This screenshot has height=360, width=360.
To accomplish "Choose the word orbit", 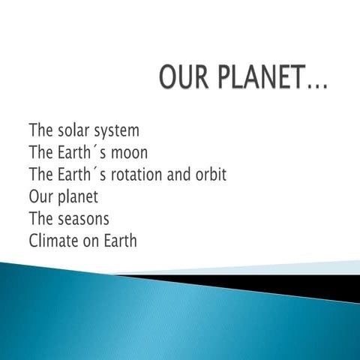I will click(x=208, y=175).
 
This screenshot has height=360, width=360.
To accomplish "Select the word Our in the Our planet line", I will click(x=40, y=198).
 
